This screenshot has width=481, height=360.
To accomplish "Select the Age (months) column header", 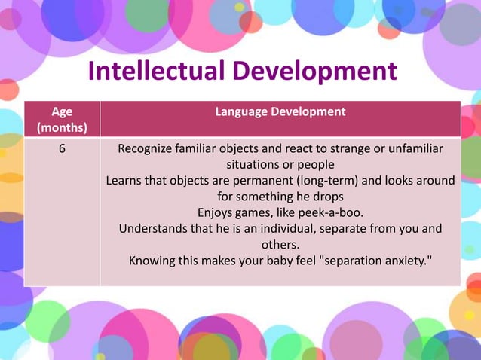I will coord(62,120).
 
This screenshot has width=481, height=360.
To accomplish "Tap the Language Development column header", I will coord(280,111).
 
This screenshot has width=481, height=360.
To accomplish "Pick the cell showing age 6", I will coord(62,148).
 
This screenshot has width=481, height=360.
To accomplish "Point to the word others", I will coord(280,245).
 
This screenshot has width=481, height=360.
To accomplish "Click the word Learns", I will coord(125,181).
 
